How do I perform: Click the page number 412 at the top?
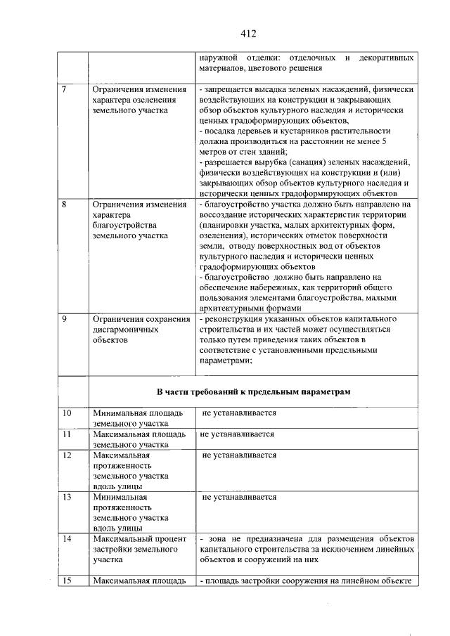click(247, 33)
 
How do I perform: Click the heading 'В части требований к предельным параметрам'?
click(252, 391)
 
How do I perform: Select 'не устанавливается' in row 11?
click(237, 434)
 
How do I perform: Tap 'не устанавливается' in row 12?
click(239, 455)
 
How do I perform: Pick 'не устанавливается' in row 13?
click(239, 497)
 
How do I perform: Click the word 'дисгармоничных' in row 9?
click(125, 330)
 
